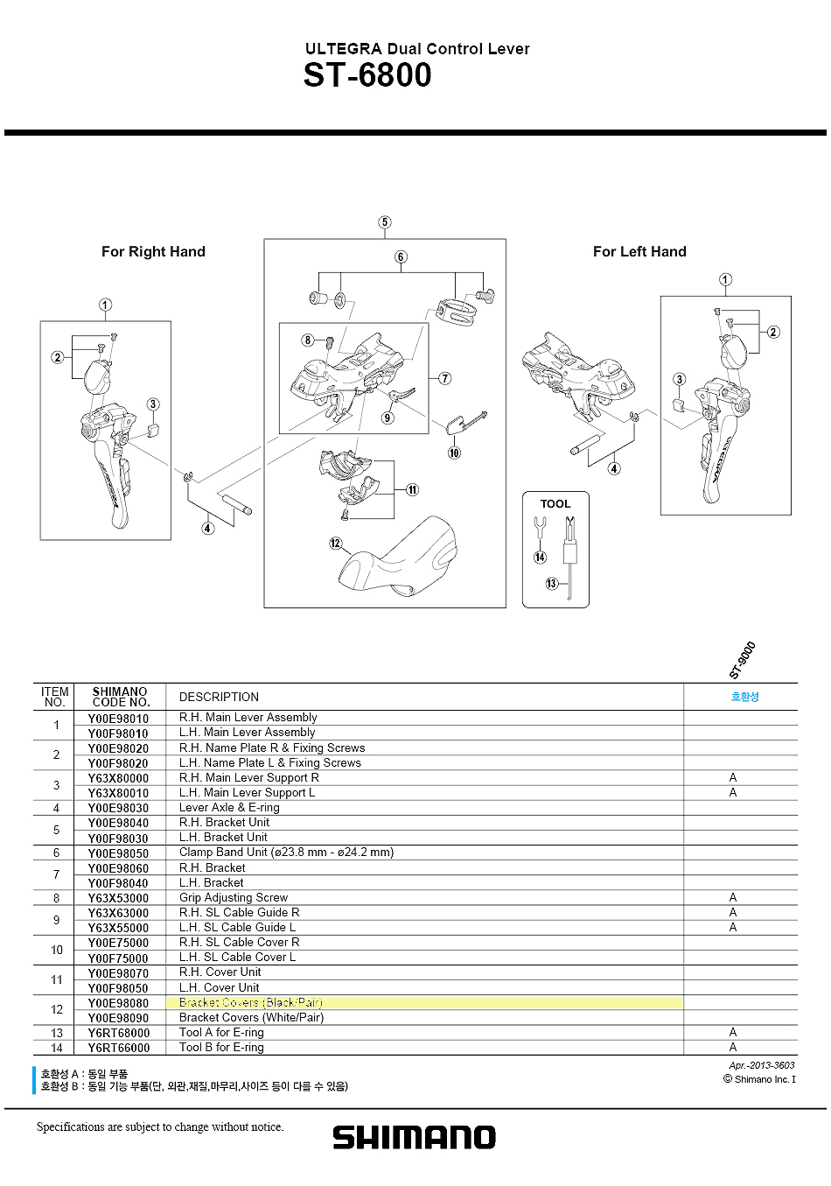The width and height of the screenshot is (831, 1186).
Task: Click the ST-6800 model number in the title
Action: tap(367, 76)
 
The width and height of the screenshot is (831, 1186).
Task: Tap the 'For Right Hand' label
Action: tap(153, 252)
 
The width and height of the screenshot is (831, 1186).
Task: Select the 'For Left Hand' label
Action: tap(639, 252)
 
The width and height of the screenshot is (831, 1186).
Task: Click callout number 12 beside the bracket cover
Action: tap(336, 544)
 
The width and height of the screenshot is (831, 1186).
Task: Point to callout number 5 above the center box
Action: tap(385, 222)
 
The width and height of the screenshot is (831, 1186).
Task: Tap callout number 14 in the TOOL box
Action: tap(540, 558)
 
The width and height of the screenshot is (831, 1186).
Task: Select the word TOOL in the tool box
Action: tap(555, 504)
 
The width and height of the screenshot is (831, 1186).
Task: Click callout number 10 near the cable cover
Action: tap(454, 453)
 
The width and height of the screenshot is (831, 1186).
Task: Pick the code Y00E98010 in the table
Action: tap(118, 719)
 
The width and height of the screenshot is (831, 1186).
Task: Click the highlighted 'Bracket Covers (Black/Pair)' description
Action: tap(251, 1002)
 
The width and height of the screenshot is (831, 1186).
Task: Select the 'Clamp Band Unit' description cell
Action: tap(286, 853)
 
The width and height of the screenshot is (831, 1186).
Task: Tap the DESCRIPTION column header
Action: tap(219, 698)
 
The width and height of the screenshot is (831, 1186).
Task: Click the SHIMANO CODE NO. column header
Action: tap(120, 697)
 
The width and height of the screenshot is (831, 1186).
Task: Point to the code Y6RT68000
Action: tap(118, 1033)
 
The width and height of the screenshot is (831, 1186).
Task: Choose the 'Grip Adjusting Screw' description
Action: tap(234, 898)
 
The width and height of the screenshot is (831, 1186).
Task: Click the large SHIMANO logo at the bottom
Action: tap(414, 1137)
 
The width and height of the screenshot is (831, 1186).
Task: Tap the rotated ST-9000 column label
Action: tap(742, 661)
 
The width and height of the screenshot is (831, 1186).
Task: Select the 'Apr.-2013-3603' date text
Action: tap(761, 1065)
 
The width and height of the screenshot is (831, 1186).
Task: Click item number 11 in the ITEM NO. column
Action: tap(56, 980)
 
